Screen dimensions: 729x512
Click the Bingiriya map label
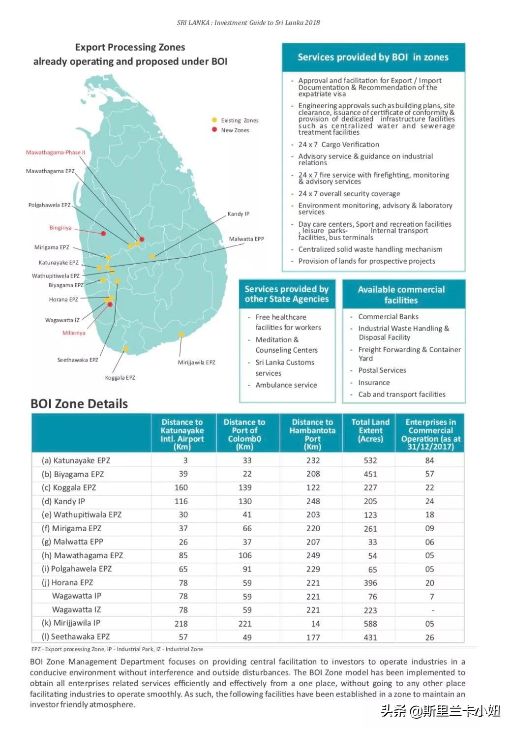(x=60, y=228)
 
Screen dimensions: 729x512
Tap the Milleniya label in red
(x=74, y=333)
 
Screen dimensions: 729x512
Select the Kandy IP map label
(x=238, y=214)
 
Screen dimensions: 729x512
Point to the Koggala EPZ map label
(x=120, y=378)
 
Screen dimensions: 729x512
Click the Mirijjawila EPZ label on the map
(x=196, y=363)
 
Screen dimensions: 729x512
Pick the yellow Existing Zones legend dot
(x=214, y=120)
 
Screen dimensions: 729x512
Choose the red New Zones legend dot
(x=214, y=130)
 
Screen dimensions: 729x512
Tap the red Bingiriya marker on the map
(x=103, y=233)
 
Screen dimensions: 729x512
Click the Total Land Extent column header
(x=370, y=430)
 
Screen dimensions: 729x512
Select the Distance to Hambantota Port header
(x=312, y=434)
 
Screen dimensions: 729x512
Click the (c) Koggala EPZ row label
(x=69, y=487)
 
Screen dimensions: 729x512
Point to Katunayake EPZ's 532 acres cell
(x=370, y=460)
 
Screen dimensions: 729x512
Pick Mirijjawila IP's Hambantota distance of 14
(x=315, y=624)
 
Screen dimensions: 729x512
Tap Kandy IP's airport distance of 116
(x=181, y=501)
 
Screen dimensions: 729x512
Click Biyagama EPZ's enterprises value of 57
(x=429, y=474)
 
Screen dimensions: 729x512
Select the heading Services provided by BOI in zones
(x=373, y=57)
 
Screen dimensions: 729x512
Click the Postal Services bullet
(x=382, y=370)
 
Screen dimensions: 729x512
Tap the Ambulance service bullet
(x=286, y=385)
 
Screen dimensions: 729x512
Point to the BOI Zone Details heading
(x=79, y=404)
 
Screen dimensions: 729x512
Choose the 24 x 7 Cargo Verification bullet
(x=338, y=145)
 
